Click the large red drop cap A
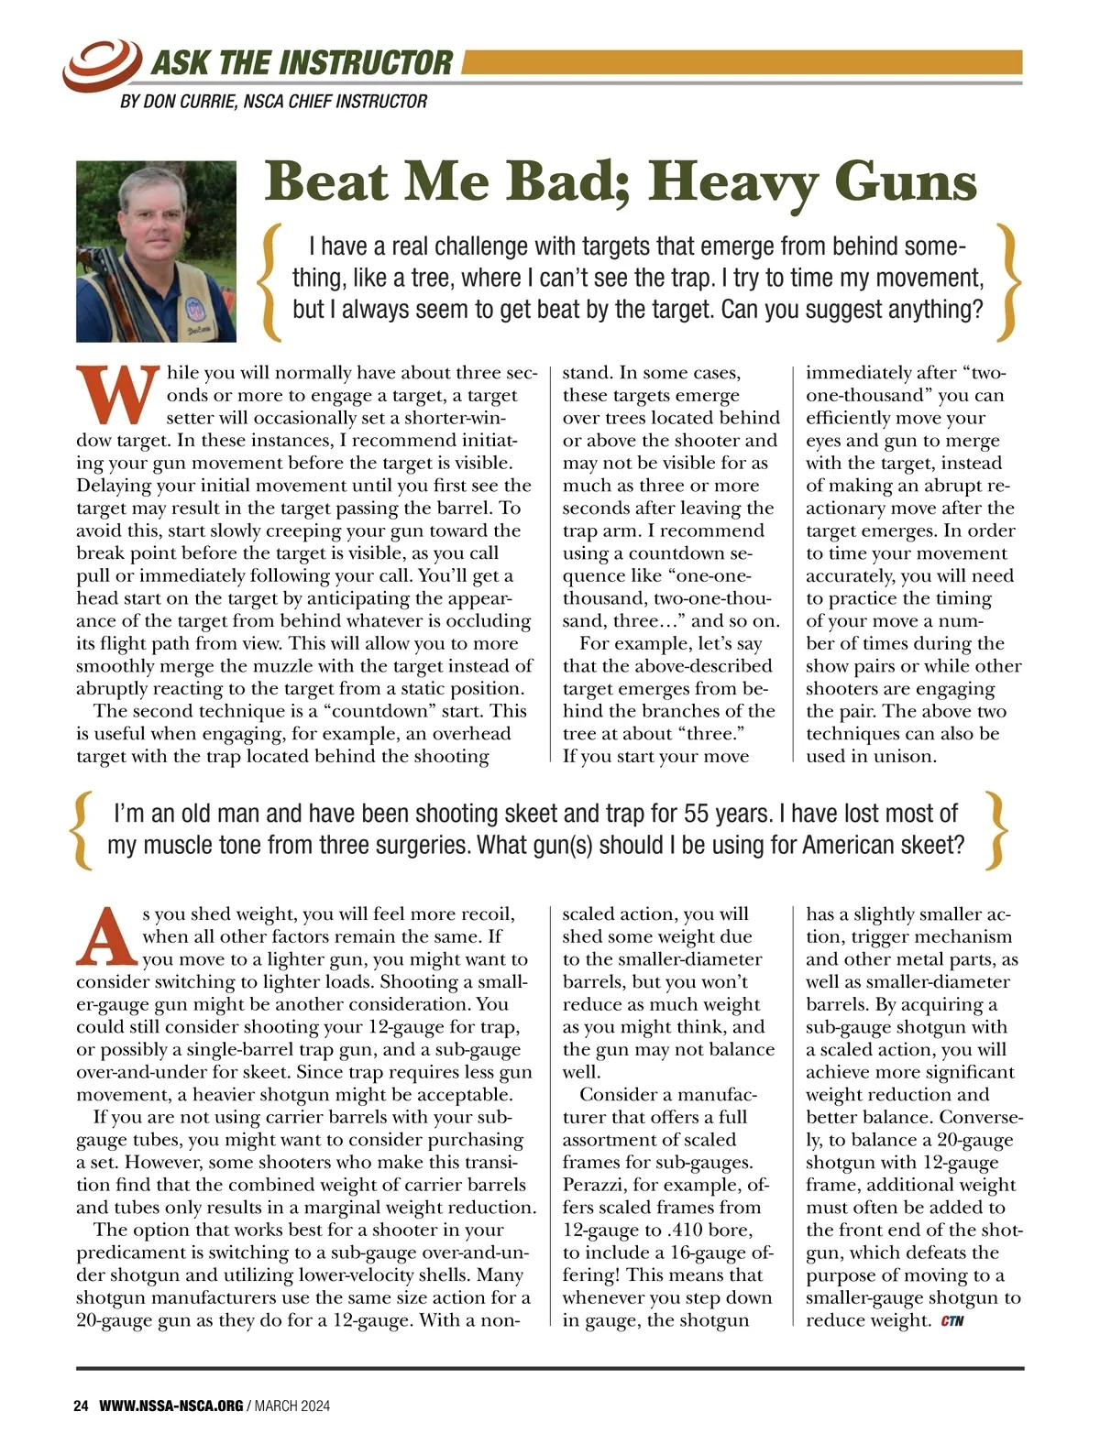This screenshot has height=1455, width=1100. (107, 936)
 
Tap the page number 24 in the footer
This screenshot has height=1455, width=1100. (81, 1406)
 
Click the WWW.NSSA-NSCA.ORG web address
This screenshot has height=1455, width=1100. (170, 1406)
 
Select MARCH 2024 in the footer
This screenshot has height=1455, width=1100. (292, 1406)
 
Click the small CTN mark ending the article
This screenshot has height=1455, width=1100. (952, 1321)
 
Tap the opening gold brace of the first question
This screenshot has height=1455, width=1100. (271, 279)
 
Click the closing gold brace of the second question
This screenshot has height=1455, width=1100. (996, 829)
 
